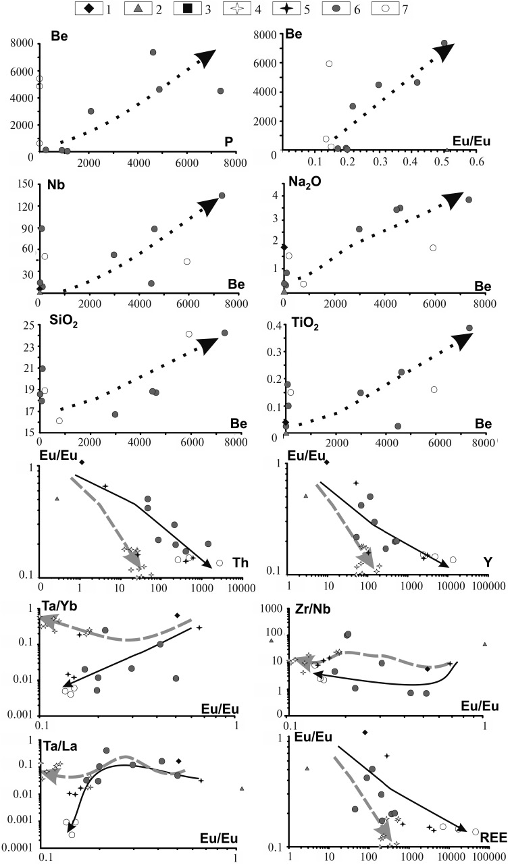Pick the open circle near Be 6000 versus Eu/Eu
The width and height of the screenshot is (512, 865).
coord(329,63)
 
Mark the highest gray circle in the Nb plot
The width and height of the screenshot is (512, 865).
coord(222,196)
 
